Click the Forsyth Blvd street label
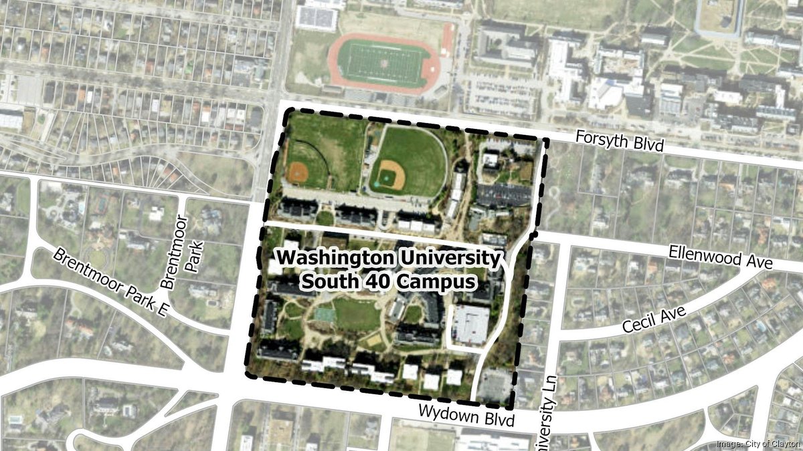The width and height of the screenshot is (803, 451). tap(620, 142)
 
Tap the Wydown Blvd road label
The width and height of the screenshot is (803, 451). tap(468, 416)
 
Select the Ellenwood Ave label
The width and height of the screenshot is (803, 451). tap(720, 257)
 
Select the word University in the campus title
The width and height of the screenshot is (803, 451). tap(457, 257)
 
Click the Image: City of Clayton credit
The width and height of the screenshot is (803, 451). tap(757, 444)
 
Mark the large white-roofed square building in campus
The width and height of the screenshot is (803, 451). tap(470, 325)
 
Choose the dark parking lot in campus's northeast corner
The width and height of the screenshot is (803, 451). tap(503, 194)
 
